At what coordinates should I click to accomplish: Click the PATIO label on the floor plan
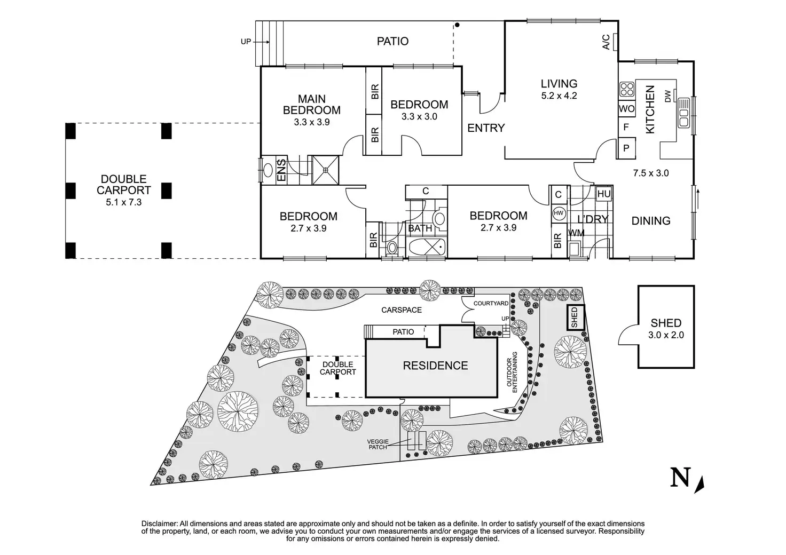392,41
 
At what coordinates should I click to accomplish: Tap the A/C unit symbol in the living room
616,41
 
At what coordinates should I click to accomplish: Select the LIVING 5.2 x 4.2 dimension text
559,96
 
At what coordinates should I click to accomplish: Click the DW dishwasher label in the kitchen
667,96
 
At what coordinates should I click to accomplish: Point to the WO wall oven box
627,109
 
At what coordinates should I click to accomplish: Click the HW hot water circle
559,213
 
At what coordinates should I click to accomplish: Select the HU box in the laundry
603,194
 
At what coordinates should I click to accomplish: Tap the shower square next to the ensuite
325,170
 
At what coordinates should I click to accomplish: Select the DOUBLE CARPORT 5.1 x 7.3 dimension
124,202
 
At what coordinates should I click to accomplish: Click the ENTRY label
486,128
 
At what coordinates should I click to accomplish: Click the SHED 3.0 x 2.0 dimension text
666,335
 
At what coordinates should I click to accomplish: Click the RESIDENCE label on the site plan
435,366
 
